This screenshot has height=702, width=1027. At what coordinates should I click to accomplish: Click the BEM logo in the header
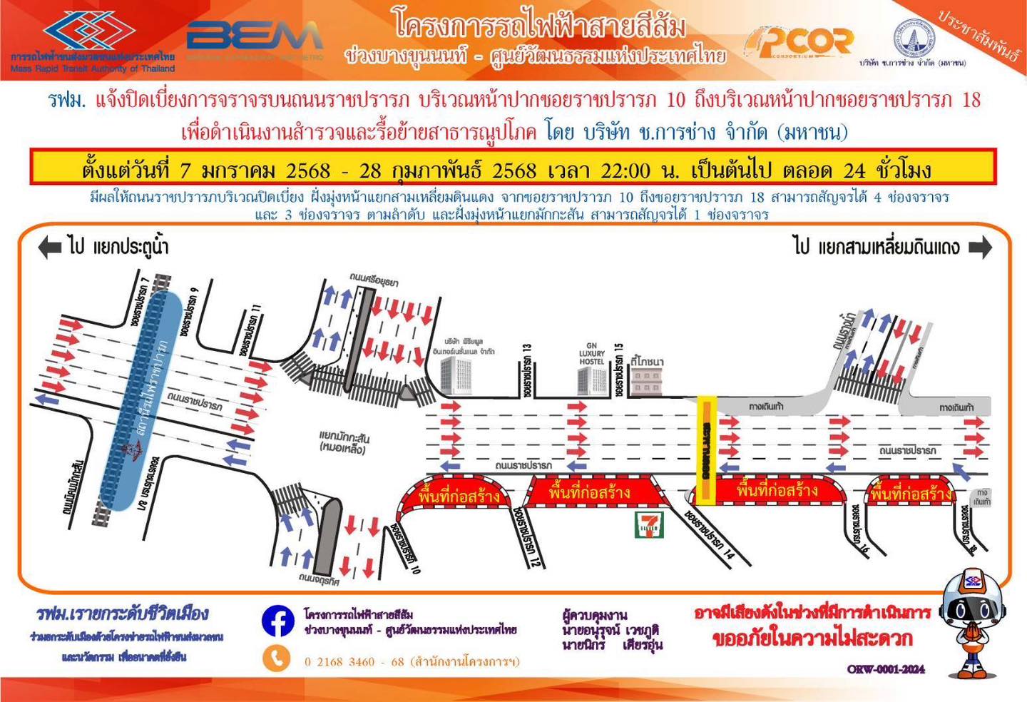tap(255, 36)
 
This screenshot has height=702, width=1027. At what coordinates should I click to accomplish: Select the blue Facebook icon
tap(277, 621)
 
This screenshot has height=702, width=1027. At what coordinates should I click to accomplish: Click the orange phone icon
tap(277, 658)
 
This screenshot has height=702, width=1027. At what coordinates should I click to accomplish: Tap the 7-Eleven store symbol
tap(649, 524)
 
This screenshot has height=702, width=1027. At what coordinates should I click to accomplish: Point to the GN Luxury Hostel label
tap(592, 353)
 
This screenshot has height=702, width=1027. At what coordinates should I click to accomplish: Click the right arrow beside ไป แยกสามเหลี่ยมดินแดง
tap(981, 248)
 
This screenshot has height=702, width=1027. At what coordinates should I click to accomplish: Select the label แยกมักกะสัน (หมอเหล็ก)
tap(344, 442)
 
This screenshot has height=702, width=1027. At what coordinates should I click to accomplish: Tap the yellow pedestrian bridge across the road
tap(707, 450)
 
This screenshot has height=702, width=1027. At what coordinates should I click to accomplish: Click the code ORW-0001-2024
tap(886, 669)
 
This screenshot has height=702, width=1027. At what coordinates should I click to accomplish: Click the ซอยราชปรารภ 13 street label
tap(528, 370)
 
